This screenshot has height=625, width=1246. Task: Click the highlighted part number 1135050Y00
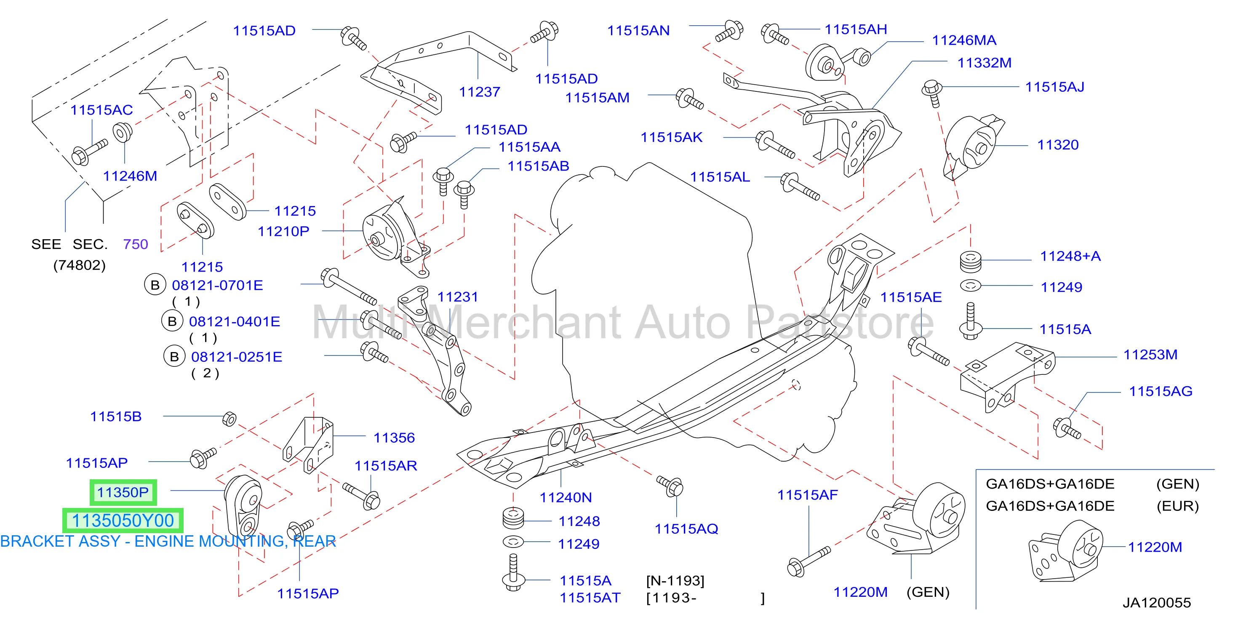[123, 521]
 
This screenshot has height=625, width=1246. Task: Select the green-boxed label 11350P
[123, 492]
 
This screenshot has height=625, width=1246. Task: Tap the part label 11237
[479, 91]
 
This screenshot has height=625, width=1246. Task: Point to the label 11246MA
[964, 40]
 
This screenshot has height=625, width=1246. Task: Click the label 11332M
[985, 62]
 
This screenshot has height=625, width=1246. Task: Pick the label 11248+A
[1070, 256]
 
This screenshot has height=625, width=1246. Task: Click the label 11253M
[1150, 355]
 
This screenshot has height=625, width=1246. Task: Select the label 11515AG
[1161, 391]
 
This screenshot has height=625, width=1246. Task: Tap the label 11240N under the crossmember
[566, 497]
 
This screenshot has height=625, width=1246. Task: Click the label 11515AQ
[686, 529]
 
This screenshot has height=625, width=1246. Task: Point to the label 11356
[394, 438]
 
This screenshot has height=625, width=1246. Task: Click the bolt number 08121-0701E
[217, 285]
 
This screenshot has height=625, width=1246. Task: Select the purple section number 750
[136, 244]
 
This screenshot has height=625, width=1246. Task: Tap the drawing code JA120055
[1156, 603]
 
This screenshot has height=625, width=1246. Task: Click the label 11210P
[283, 231]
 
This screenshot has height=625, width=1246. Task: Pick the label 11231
[458, 296]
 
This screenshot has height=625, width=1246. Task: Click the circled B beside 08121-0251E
[174, 357]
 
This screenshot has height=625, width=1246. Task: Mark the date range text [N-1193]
[675, 580]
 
